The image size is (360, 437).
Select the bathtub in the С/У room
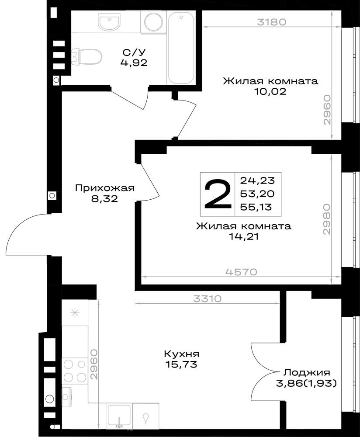click(181, 47)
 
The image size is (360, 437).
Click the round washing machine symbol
click(153, 22)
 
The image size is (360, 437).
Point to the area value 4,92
click(134, 63)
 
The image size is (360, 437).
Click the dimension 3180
click(271, 22)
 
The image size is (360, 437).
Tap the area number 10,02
click(270, 91)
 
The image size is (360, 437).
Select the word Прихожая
click(105, 188)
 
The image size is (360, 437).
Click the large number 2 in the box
click(218, 194)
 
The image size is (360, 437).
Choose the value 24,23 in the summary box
click(257, 180)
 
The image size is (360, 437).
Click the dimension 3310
click(208, 299)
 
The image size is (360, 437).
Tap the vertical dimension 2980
click(326, 219)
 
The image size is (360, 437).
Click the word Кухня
click(182, 354)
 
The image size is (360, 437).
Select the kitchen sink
click(119, 416)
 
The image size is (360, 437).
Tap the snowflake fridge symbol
click(75, 313)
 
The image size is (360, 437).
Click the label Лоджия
click(307, 373)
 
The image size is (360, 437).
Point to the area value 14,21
click(244, 236)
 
